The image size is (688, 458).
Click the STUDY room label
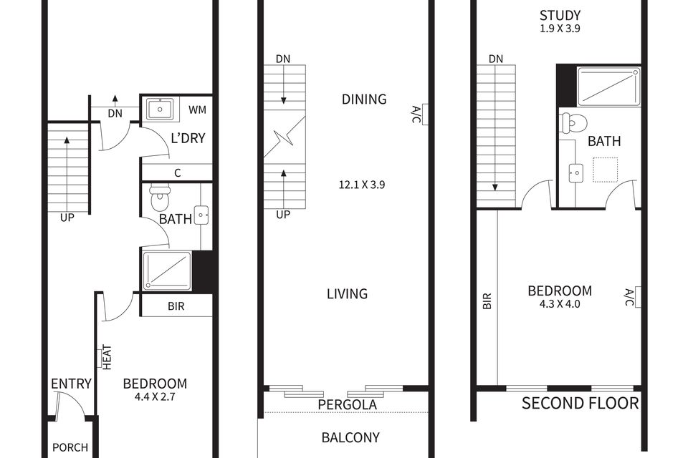point(560,15)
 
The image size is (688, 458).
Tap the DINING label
point(364,99)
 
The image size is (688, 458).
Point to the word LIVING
point(347,293)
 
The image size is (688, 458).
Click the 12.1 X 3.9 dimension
point(363,184)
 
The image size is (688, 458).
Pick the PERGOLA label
point(346,405)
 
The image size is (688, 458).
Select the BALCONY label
point(350,437)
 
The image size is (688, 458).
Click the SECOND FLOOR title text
point(580,404)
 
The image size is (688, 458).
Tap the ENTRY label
point(71,384)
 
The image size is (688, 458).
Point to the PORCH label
point(70,448)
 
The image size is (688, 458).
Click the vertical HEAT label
point(106,358)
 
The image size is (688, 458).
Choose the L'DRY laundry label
point(188,138)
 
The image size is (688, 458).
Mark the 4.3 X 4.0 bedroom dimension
point(560,303)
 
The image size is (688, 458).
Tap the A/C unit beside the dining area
point(422,114)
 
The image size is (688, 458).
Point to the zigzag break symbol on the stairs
point(284,140)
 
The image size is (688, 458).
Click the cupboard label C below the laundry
point(176,172)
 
